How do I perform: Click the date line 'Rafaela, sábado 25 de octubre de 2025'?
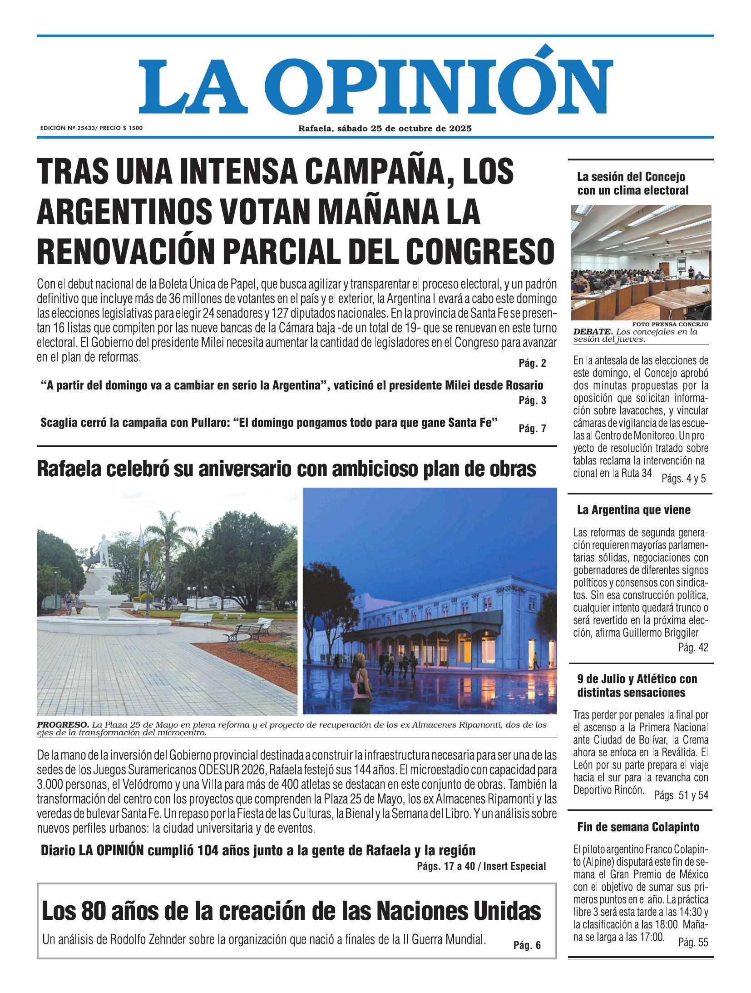(385, 129)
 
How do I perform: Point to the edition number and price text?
(91, 129)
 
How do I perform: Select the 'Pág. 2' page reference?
(532, 363)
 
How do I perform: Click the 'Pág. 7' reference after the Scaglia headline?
(532, 428)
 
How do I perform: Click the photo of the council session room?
(641, 263)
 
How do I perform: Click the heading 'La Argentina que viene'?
(633, 510)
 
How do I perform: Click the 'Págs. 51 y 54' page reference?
(681, 795)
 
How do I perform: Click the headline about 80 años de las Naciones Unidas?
(291, 912)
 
